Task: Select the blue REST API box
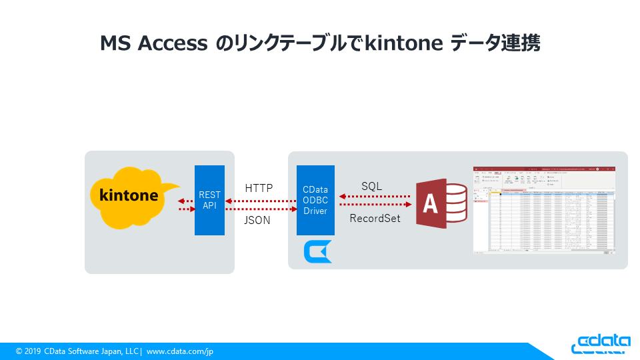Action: coord(209,200)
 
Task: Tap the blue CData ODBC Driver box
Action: coord(315,200)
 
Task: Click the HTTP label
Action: coord(259,188)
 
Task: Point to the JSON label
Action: coord(258,220)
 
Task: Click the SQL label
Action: coord(371,186)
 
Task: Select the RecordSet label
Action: coord(375,218)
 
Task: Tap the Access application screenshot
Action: coord(544,210)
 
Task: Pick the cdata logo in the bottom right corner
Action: coord(601,343)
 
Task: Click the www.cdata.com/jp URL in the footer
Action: coord(180,351)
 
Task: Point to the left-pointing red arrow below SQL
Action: coord(375,197)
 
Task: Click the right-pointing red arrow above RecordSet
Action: coord(375,205)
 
